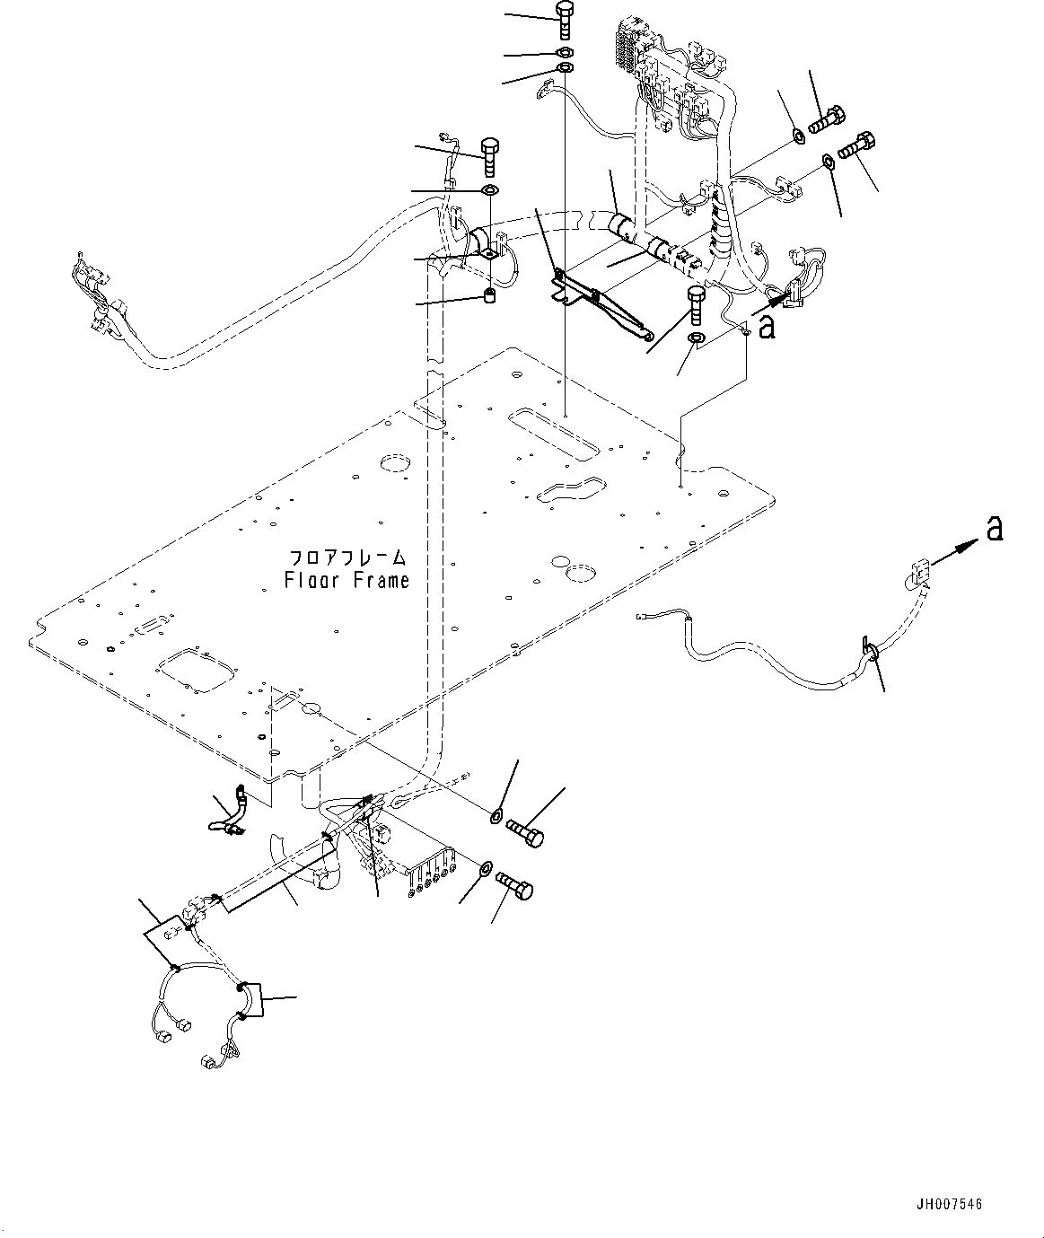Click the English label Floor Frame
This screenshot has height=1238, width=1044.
(x=347, y=580)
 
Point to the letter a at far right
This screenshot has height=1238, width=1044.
(x=993, y=531)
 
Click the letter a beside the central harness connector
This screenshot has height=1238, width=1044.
(x=766, y=328)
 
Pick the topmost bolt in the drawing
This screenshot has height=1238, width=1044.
(x=564, y=19)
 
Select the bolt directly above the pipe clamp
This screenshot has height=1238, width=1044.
(x=490, y=157)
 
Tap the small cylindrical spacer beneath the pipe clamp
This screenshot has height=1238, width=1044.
(x=490, y=297)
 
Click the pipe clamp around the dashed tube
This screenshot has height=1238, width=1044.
(x=481, y=243)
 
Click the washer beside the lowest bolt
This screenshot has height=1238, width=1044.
(x=485, y=867)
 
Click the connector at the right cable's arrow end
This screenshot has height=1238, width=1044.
(x=917, y=572)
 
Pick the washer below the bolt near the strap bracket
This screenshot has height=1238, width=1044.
(x=696, y=338)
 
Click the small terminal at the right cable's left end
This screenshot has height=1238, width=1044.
(x=644, y=616)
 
